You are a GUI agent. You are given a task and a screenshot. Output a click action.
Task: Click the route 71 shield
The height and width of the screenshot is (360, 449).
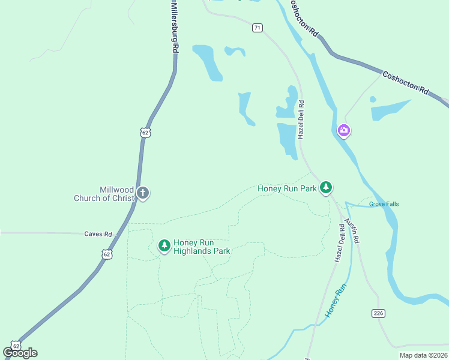click(257, 28)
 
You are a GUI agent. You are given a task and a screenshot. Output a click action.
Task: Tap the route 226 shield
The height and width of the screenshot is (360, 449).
click(378, 313)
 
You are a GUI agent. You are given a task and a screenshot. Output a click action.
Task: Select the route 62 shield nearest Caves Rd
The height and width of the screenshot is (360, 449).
click(106, 254)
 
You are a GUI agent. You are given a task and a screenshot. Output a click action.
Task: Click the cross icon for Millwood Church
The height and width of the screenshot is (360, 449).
click(142, 193)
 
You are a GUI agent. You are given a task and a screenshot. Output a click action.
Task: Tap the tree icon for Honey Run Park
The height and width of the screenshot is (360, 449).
click(325, 188)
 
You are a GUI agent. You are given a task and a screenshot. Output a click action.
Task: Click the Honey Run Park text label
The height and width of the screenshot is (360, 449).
click(287, 188)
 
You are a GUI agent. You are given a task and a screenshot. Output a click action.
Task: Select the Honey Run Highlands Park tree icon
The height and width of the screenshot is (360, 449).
click(164, 245)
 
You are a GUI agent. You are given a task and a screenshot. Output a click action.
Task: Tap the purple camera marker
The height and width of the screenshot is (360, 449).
click(343, 130)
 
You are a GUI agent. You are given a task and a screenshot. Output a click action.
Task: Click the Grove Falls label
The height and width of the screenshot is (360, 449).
click(384, 204)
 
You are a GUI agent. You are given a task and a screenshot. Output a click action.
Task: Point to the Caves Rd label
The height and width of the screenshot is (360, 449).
click(98, 234)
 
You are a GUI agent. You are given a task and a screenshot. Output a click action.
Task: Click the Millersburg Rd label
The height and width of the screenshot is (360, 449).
click(173, 26)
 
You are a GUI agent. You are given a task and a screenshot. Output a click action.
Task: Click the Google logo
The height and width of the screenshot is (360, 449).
click(20, 352)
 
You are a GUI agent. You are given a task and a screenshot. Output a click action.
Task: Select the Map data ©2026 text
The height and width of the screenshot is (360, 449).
click(423, 355)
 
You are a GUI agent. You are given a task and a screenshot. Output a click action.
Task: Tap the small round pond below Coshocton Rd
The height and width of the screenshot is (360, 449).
click(373, 99)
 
